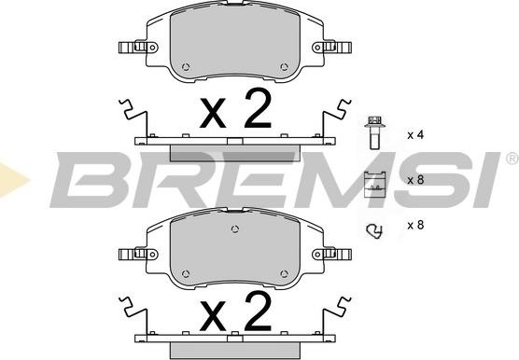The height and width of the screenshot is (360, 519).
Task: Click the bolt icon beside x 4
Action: [374, 132]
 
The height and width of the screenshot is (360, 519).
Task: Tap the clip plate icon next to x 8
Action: [374, 184]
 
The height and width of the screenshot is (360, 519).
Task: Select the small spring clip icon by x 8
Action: [374, 231]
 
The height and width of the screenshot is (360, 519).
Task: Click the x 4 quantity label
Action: [415, 135]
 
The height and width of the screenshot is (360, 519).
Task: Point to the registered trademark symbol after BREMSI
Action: [512, 159]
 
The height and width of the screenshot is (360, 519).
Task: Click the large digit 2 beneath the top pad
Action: [258, 108]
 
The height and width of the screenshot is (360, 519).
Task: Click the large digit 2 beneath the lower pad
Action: [258, 312]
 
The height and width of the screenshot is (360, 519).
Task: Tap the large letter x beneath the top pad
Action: [213, 114]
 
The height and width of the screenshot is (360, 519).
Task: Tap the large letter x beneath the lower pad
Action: [213, 318]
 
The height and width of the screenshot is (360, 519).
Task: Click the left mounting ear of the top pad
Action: [138, 48]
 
